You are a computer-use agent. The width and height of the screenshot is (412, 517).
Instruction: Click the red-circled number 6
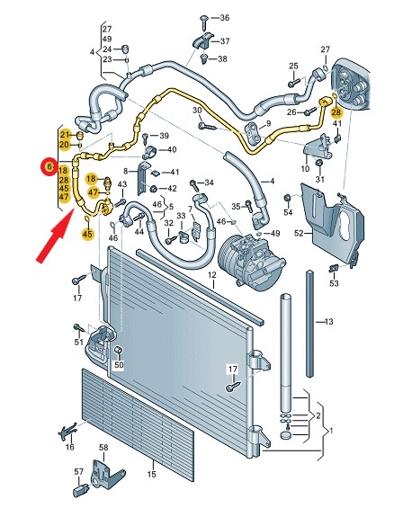coord(49,167)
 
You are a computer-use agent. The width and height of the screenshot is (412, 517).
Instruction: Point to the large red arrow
coord(55,236)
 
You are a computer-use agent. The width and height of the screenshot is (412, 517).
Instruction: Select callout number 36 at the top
coord(225,17)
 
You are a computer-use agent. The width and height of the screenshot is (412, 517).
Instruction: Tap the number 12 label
coord(211,274)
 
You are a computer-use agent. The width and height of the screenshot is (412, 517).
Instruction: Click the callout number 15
coord(151,474)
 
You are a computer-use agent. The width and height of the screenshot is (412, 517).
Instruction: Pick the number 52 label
coord(299,234)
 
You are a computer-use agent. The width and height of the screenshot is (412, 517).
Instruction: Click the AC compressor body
coord(251,260)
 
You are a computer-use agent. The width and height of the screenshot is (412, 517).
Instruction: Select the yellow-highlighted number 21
coord(66,135)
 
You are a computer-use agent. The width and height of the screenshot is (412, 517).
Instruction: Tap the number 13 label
coord(329,322)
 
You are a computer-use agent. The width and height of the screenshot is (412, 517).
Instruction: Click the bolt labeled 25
coord(293,83)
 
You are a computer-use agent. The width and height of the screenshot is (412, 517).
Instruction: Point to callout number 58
coord(103,448)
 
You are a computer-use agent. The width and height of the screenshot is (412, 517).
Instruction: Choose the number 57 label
coord(79,472)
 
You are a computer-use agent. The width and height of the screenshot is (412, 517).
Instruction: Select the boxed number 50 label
coord(119,365)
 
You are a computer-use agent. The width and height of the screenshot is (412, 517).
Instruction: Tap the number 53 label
coord(334,283)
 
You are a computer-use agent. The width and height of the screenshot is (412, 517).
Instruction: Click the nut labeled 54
coord(287,198)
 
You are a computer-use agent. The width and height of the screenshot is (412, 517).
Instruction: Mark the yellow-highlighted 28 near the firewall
coord(336,112)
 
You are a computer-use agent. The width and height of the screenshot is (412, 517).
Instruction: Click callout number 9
coord(268,124)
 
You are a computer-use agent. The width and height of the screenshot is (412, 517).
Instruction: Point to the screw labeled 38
coord(203,58)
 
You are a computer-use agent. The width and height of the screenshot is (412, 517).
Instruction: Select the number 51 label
coord(78,342)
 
